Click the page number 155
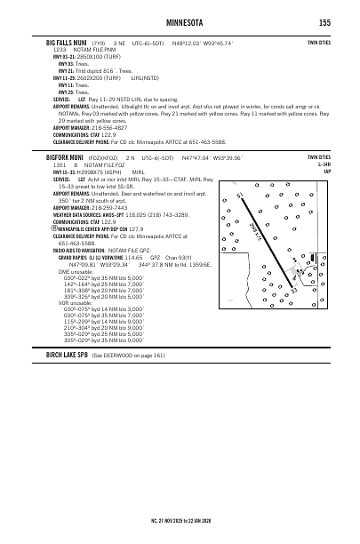[x=324, y=22]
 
